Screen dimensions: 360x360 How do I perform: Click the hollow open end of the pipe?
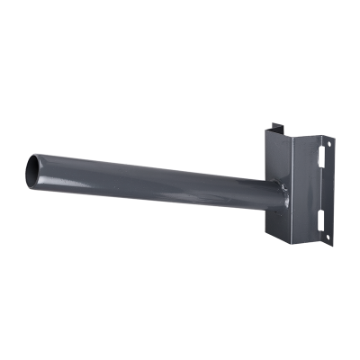33,166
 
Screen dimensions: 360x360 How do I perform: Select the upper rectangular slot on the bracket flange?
321,155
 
